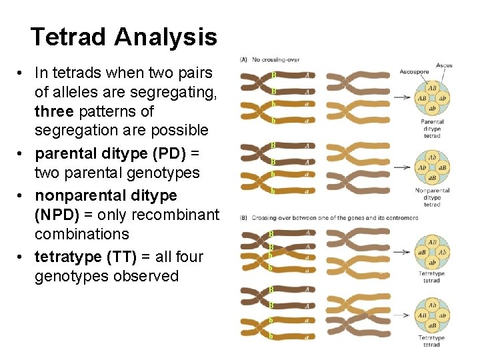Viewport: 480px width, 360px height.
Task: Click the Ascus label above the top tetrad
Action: pos(444,65)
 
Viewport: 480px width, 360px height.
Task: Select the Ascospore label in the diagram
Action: pos(414,71)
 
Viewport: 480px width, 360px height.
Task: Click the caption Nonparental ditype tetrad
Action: pos(432,197)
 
